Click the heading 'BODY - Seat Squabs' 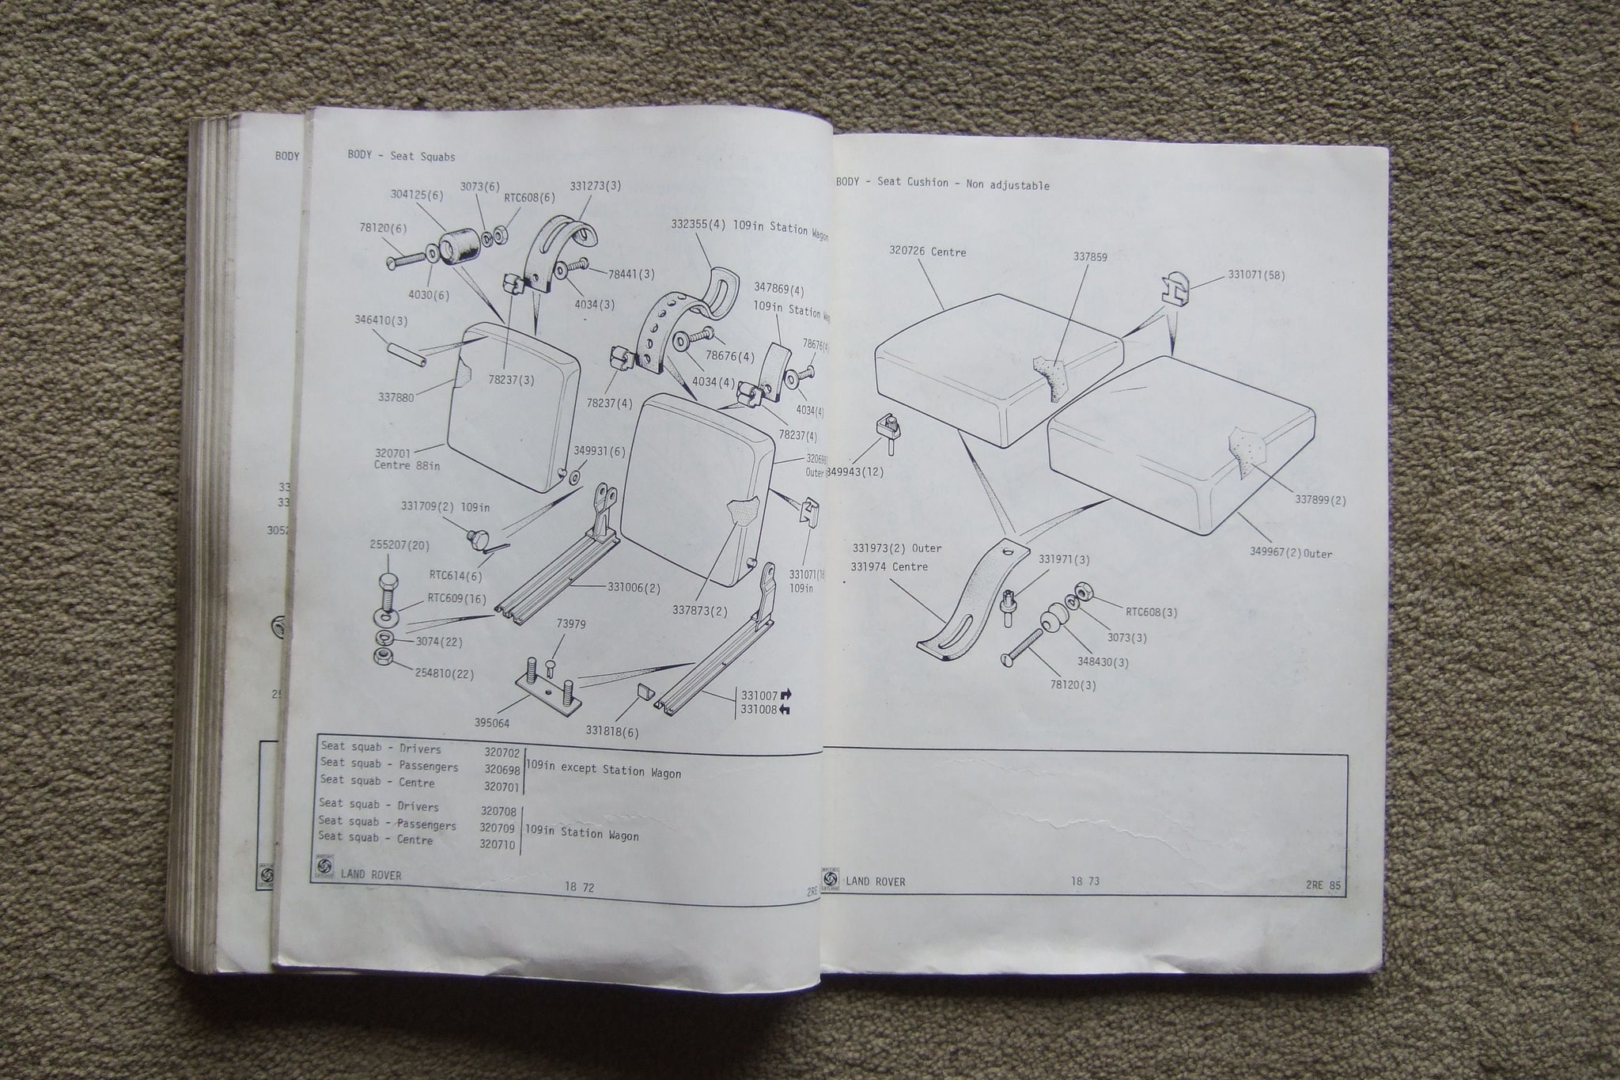coord(401,156)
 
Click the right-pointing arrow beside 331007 coord(785,695)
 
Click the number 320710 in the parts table coord(498,845)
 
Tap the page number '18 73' coord(1086,881)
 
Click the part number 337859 coord(1090,257)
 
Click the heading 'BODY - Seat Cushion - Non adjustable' coord(942,184)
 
